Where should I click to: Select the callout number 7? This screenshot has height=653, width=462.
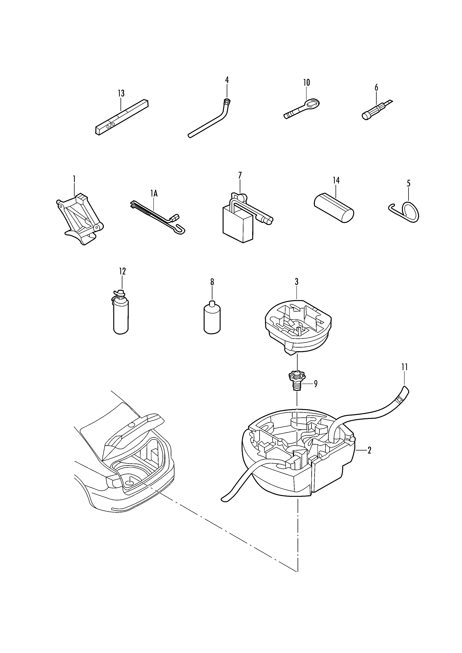pyautogui.click(x=240, y=175)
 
